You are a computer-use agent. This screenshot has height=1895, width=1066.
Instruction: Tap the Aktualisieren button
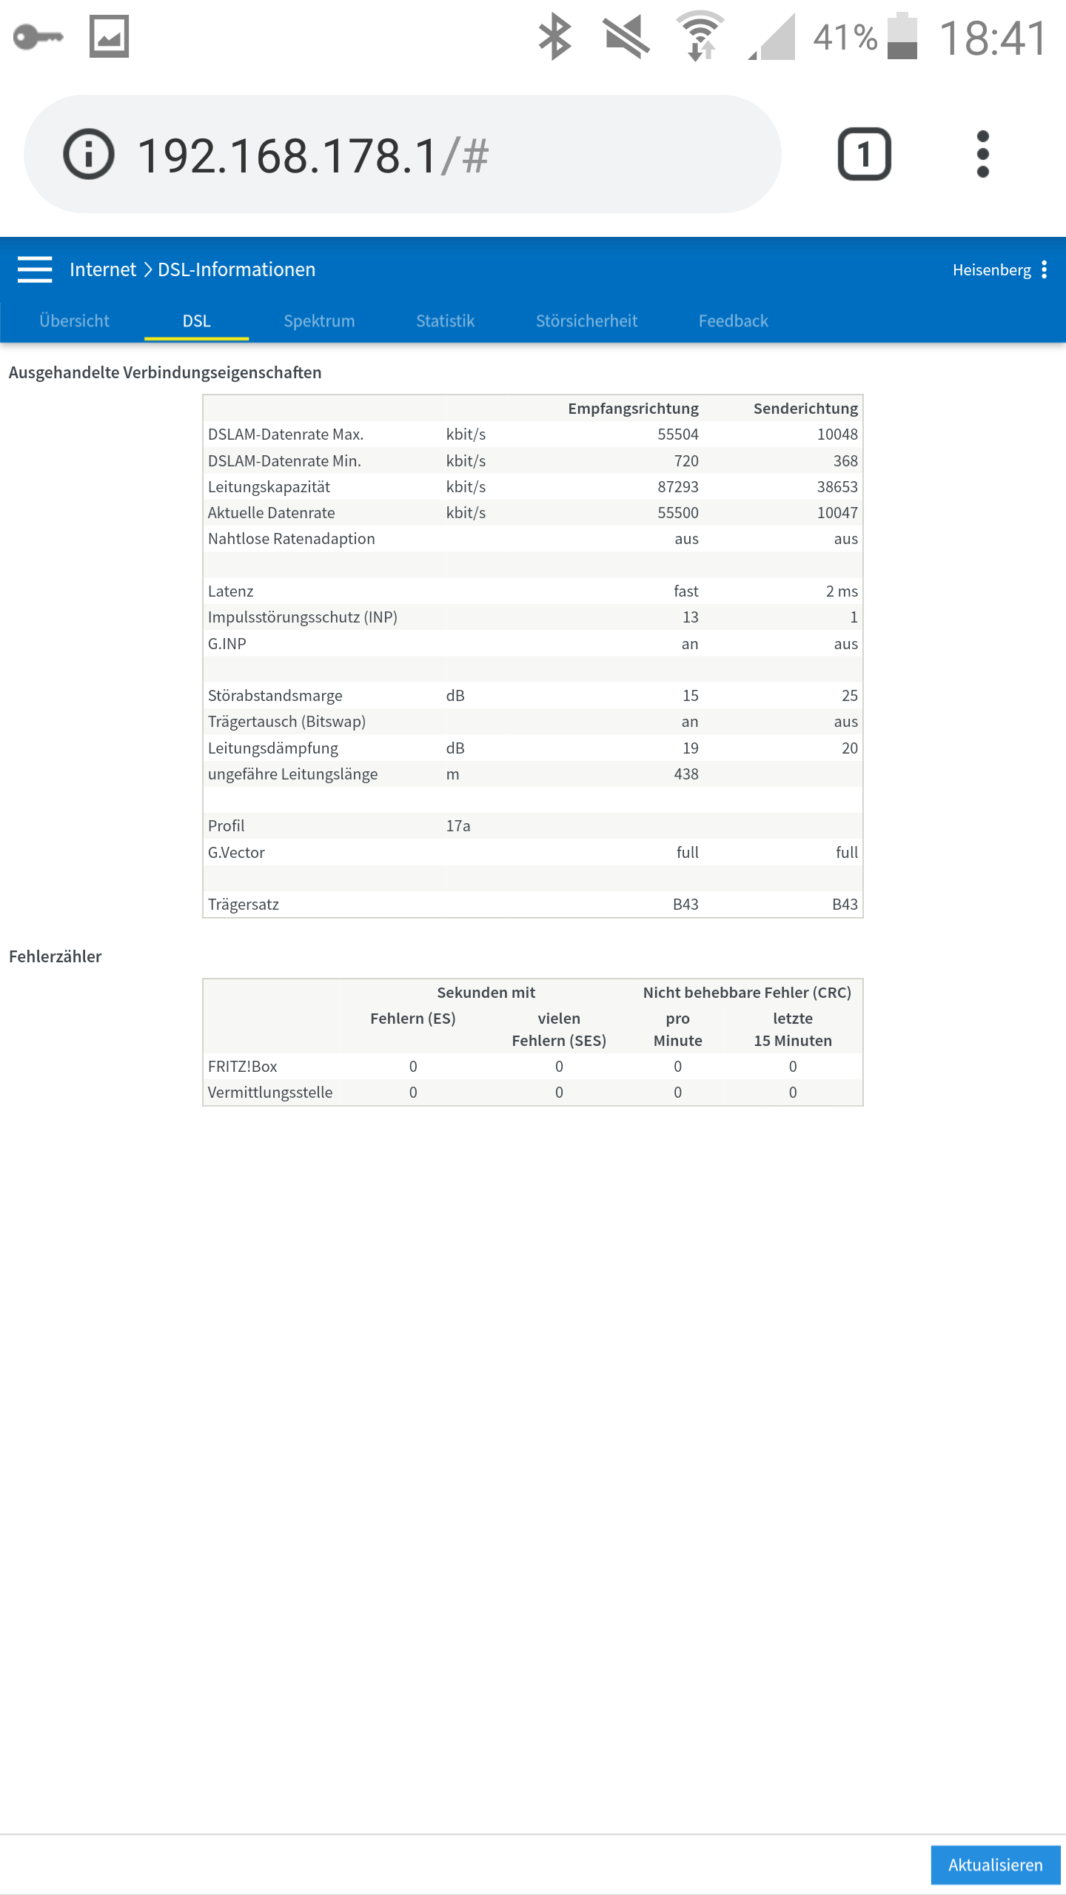coord(995,1865)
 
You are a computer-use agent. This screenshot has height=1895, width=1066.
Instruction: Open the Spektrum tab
coord(319,321)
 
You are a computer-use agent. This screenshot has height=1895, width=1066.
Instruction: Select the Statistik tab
coord(445,321)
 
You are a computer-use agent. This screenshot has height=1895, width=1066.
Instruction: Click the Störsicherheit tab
coord(586,321)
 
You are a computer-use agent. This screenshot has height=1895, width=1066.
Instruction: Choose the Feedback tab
coord(733,321)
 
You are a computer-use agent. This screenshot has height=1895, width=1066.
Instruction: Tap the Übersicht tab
coord(74,321)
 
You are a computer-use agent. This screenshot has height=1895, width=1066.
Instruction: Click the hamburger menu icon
coord(35,269)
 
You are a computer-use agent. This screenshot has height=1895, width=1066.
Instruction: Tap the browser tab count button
coord(864,154)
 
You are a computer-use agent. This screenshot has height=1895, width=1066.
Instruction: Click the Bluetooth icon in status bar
coord(554,36)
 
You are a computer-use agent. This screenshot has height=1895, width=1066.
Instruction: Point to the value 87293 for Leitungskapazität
coord(677,486)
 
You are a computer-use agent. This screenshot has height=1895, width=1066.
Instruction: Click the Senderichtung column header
coord(805,409)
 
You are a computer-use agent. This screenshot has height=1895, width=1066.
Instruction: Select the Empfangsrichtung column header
coord(633,409)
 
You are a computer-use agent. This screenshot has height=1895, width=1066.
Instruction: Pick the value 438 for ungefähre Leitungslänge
coord(686,774)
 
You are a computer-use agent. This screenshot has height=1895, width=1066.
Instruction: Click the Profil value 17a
coord(458,825)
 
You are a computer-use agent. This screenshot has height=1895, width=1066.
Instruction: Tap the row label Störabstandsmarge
coord(275,695)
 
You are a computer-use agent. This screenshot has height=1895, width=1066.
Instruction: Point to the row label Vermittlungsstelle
coord(270,1092)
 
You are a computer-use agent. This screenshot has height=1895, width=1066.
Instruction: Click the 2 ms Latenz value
coord(842,591)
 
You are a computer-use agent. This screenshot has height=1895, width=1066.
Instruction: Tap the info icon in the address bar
coord(89,154)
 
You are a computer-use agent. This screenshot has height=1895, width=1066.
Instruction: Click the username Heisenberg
coord(991,269)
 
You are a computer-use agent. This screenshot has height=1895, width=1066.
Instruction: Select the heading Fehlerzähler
coord(56,956)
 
